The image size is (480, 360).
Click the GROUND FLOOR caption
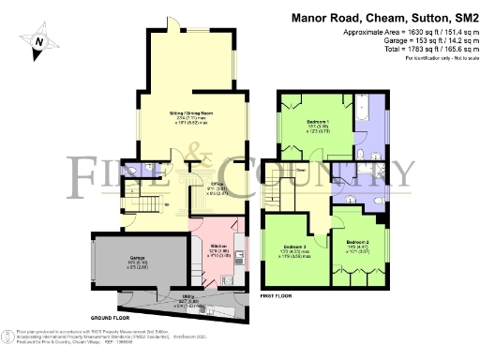pyautogui.click(x=110, y=319)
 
